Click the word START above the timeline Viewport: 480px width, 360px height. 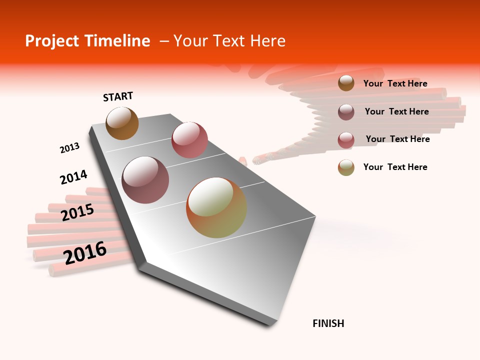(118, 96)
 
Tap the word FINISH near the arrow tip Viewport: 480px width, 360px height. (328, 323)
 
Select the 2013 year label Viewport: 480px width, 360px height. (69, 148)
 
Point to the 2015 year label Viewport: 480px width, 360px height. (77, 212)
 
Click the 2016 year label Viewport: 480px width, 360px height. (85, 253)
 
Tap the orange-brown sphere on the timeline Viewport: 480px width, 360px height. (122, 123)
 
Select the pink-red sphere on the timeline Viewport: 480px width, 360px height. (189, 140)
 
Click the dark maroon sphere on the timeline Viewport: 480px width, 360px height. (145, 180)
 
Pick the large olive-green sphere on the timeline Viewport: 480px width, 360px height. (216, 207)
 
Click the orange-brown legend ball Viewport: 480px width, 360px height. (346, 83)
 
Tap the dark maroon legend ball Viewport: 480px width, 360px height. (346, 111)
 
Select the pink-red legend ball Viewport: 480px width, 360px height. (346, 139)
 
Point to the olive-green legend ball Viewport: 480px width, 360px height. (346, 167)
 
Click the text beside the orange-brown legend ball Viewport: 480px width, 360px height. (395, 83)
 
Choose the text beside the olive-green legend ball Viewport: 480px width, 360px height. (395, 167)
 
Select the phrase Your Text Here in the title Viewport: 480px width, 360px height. (229, 41)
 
